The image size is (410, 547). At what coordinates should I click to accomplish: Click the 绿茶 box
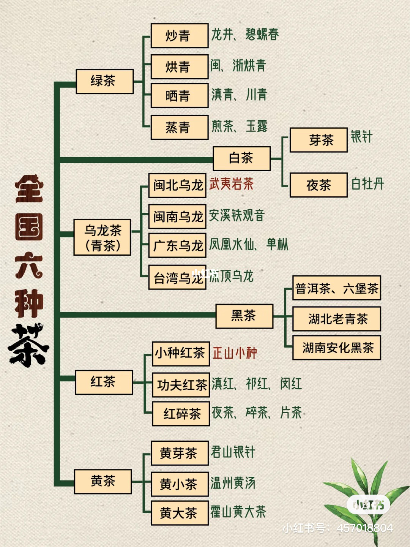point(104,82)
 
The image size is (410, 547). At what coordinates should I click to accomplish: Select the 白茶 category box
point(241,158)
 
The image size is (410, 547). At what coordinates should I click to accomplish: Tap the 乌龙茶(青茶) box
point(102,237)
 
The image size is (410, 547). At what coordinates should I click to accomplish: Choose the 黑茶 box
point(244,316)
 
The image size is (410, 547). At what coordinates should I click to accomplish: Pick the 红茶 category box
point(104,382)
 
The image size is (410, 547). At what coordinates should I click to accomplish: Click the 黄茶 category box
point(103,481)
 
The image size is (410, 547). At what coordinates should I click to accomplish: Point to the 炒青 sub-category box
point(180,36)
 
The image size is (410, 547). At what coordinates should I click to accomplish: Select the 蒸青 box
point(180,127)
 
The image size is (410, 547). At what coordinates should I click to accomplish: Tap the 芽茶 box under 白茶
point(319,140)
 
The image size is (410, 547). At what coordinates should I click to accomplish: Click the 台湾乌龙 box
point(177,277)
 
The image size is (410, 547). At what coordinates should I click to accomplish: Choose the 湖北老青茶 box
point(337,319)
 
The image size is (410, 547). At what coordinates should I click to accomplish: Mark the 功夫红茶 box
point(181,385)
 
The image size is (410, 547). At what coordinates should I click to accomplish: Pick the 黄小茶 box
point(180,484)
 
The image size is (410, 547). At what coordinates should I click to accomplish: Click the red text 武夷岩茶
point(231,184)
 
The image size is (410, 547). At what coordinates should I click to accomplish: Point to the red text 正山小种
point(235,353)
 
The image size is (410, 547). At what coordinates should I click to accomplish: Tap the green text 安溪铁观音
point(237,215)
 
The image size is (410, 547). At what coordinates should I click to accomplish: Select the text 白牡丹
point(367,184)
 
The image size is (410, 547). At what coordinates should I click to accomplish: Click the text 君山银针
point(233,452)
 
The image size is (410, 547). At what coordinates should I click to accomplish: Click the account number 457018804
point(365,528)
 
